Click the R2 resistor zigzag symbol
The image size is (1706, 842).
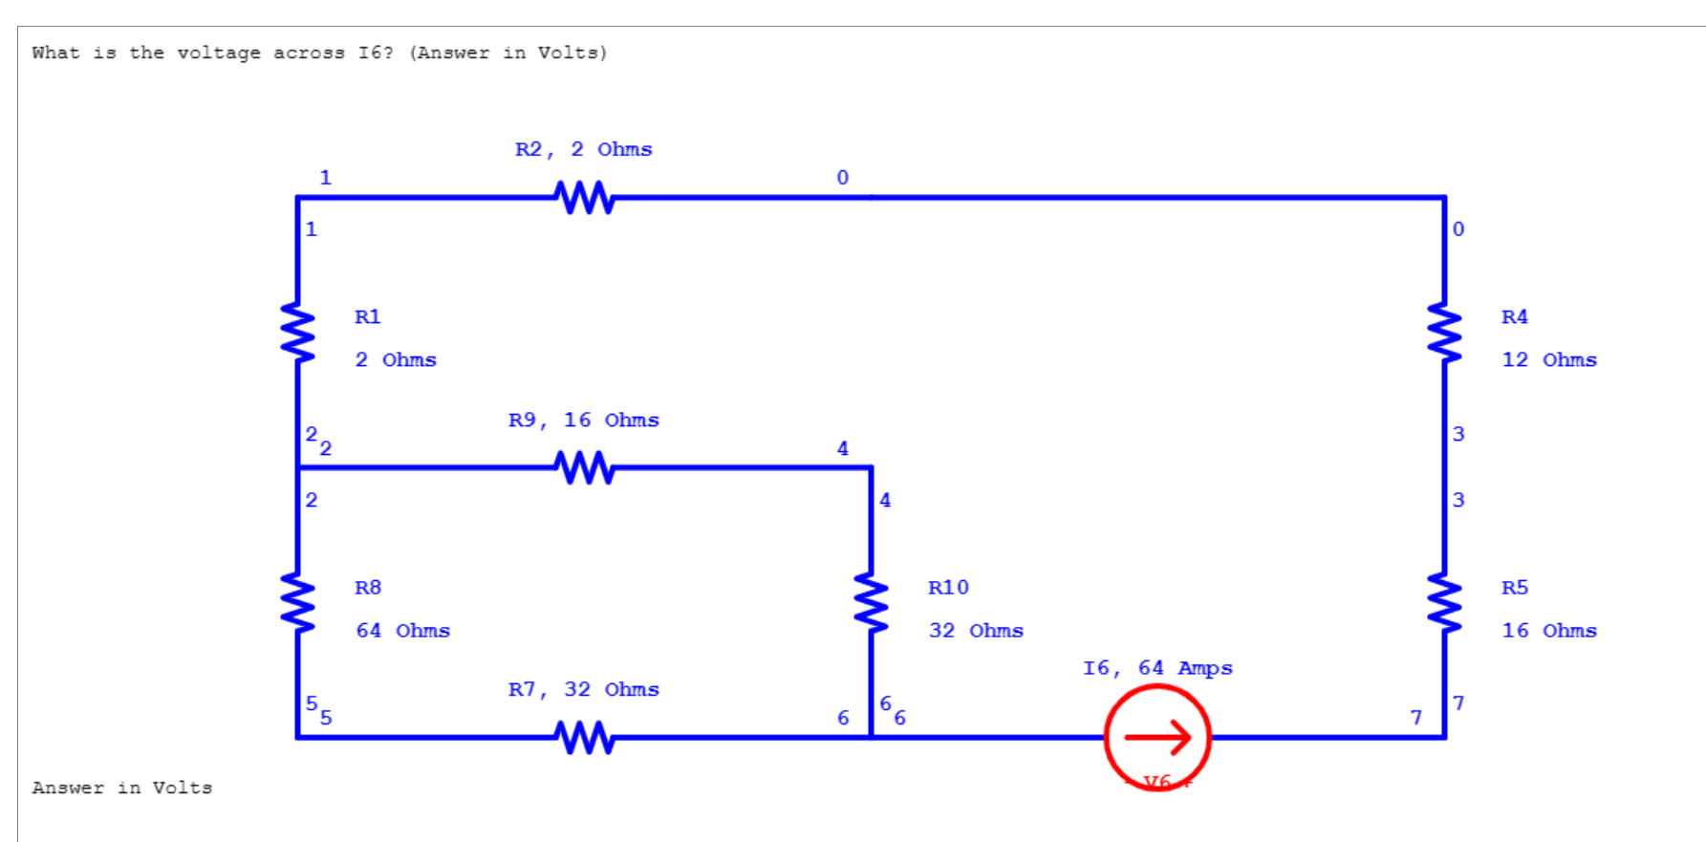coord(584,198)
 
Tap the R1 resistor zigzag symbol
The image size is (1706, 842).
coord(297,334)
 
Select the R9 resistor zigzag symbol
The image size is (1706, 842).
coord(584,467)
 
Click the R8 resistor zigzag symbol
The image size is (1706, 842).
coord(297,604)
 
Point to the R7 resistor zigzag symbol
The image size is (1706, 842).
coord(584,738)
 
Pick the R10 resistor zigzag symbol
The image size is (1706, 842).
coord(871,604)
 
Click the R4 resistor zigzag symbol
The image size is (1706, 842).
coord(1444,334)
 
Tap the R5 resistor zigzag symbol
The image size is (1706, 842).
coord(1444,604)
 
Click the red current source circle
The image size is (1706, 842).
coord(1157,738)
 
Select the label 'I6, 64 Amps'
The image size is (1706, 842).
coord(1157,668)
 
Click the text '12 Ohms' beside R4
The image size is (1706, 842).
coord(1548,360)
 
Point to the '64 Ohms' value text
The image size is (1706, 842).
coord(402,631)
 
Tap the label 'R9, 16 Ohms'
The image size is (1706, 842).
coord(584,421)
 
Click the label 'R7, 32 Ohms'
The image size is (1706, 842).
coord(584,690)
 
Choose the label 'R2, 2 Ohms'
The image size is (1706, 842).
coord(584,150)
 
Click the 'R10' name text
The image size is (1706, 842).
coord(948,588)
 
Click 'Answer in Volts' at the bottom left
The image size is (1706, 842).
coord(122,788)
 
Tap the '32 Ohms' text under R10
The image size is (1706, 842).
coord(976,631)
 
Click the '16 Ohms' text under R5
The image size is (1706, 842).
coord(1548,631)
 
